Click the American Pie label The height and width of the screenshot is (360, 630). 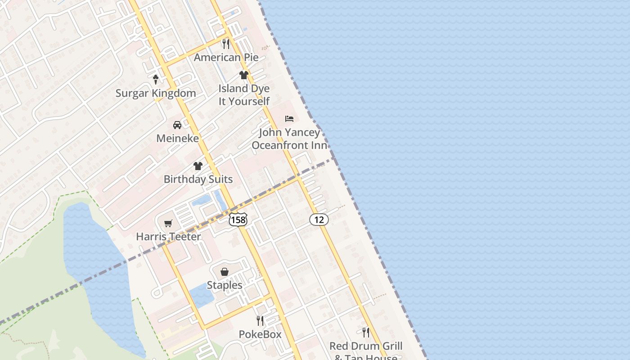[226, 58]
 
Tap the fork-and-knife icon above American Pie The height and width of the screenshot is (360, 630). [226, 44]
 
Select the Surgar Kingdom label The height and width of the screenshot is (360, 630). [156, 93]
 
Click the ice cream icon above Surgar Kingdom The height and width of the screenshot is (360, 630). [156, 80]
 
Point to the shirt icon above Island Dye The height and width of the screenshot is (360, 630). [244, 75]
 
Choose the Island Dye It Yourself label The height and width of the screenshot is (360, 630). [244, 95]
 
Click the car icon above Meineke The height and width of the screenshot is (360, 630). [177, 125]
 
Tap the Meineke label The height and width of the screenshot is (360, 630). [177, 138]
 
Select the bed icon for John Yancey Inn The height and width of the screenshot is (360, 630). [289, 119]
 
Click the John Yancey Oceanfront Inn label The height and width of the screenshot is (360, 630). [289, 139]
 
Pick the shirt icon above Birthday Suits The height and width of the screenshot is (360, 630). [198, 166]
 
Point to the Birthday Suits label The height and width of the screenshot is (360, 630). [198, 179]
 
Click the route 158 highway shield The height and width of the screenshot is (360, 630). [238, 220]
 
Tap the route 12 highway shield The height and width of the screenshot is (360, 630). [319, 220]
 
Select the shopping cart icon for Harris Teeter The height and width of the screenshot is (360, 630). [168, 223]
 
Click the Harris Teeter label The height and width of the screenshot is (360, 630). [168, 236]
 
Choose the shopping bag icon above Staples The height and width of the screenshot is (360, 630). [225, 272]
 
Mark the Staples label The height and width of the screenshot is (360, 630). [225, 285]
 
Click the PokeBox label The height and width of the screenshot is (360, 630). [260, 334]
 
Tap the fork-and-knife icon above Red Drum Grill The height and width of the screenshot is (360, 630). [366, 333]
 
